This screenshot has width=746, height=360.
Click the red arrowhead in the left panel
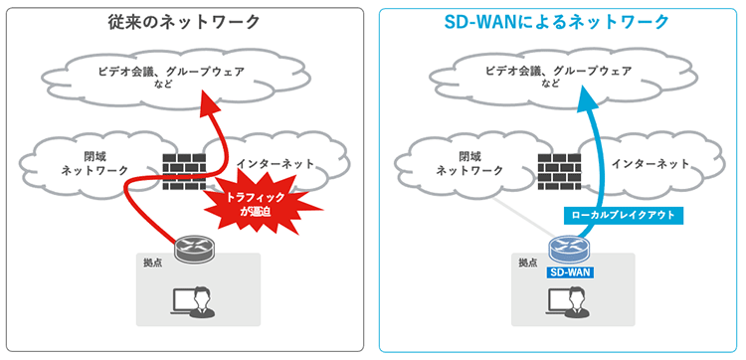208,102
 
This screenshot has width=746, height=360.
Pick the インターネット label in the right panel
651,163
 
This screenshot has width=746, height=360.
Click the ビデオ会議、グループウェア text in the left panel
170,71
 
